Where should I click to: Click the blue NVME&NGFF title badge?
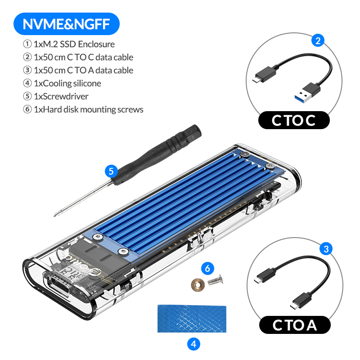67,24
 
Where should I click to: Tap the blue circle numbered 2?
318,40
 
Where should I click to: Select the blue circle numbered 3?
326,249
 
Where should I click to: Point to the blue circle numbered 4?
193,344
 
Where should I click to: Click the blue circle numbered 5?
111,171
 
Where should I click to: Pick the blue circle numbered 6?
207,268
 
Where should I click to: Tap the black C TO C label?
294,120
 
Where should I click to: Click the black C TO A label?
295,325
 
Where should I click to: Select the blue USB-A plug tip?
301,97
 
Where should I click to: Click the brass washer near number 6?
198,285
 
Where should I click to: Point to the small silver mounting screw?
216,280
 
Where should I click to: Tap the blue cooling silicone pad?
192,319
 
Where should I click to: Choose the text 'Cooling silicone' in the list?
72,83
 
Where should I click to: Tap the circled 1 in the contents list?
27,44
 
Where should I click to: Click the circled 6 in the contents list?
27,109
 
